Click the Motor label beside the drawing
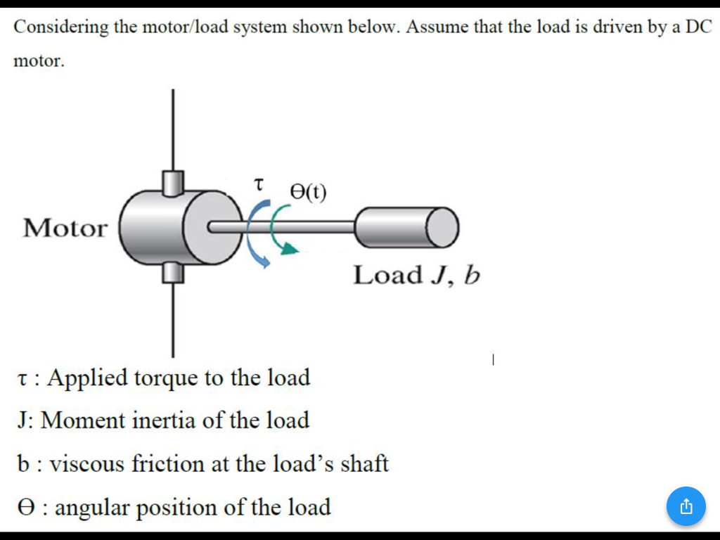point(65,228)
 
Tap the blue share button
point(686,506)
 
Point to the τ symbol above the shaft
point(258,185)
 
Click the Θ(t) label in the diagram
point(308,191)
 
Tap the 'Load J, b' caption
point(416,275)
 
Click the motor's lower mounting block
point(172,271)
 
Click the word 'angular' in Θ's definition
point(90,507)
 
